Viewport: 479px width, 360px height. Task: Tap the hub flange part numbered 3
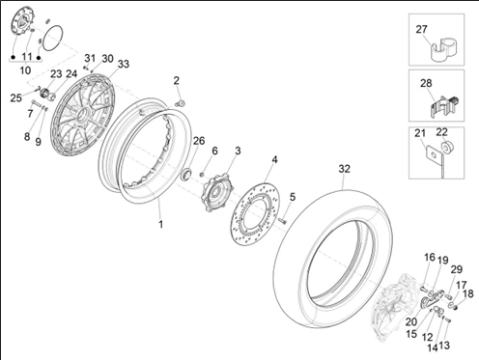point(217,192)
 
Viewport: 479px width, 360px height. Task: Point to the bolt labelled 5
point(282,221)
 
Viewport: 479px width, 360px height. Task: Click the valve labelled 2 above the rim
point(181,103)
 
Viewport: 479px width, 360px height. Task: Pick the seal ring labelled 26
point(186,174)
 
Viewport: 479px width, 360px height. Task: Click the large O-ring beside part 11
point(52,38)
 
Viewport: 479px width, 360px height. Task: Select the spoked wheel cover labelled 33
point(56,116)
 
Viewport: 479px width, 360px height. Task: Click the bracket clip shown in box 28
point(444,105)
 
